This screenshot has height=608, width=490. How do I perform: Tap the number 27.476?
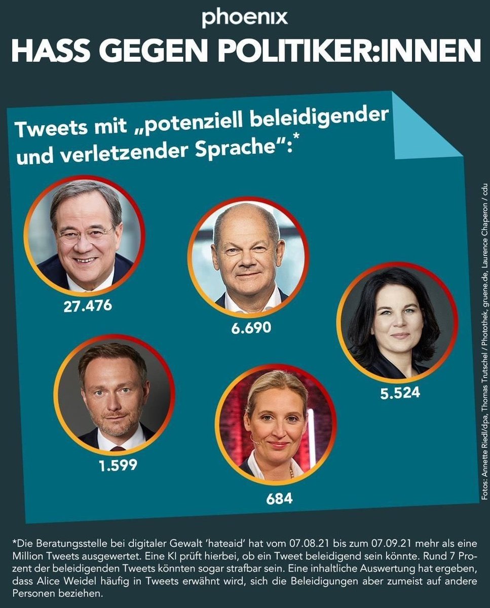coord(88,306)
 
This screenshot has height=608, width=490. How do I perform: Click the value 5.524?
coord(400,392)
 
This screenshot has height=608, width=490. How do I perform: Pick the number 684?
coord(279,498)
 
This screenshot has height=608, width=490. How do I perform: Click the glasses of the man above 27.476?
coord(85,235)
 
